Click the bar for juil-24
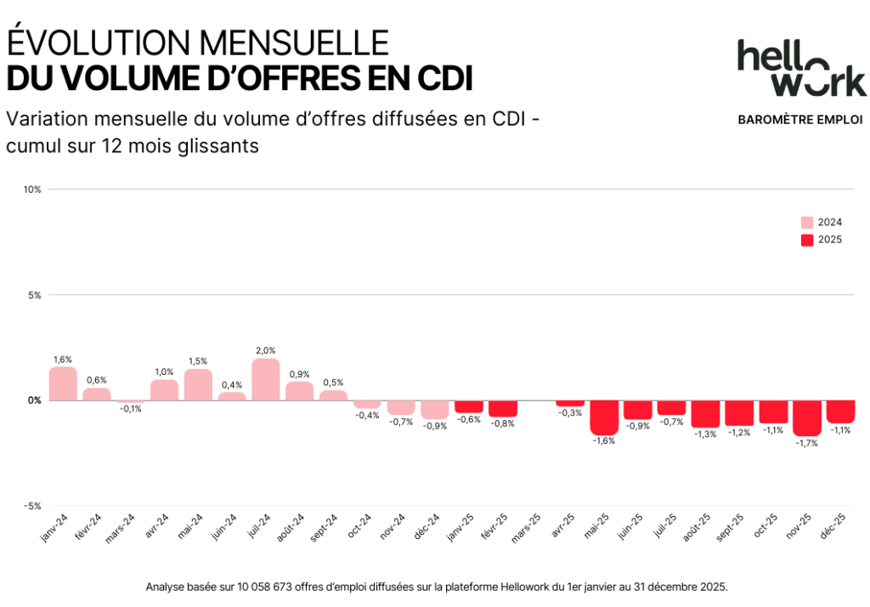266,379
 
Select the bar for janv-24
63,383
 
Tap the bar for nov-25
807,418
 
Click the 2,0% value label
265,350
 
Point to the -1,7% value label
807,444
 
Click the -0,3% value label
570,413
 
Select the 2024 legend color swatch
806,222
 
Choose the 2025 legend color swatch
806,240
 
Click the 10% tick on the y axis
33,189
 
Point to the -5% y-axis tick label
32,506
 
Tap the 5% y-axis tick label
35,295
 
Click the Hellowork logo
801,67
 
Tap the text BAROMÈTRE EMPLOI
800,120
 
